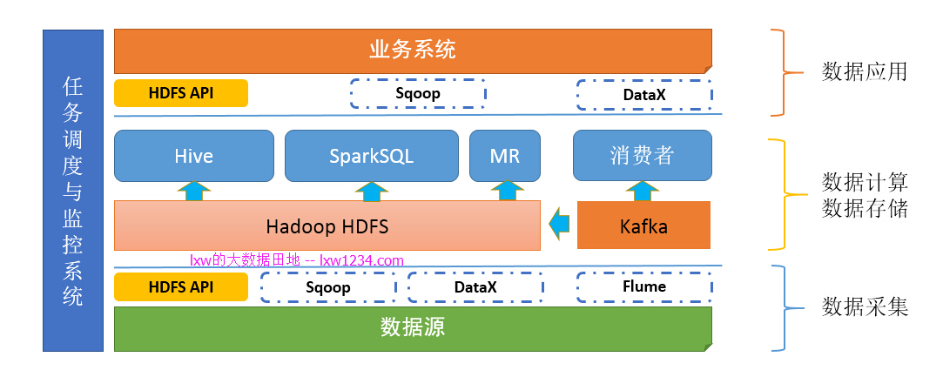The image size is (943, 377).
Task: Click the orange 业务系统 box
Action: [x=413, y=50]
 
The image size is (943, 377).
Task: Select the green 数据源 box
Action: [x=413, y=327]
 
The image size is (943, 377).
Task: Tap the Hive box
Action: [x=193, y=156]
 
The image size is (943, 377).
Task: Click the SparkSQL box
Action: [x=371, y=156]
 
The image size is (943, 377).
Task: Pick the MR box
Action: [x=505, y=156]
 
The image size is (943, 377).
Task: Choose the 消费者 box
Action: [x=642, y=156]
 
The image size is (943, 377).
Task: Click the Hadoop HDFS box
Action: [x=327, y=226]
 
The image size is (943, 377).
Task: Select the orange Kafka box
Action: [x=643, y=226]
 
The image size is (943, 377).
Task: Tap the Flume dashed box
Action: [x=643, y=286]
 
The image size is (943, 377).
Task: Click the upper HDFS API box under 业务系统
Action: [x=181, y=93]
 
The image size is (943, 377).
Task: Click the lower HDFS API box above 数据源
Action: [x=181, y=286]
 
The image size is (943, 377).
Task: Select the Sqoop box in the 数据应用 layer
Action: [x=417, y=93]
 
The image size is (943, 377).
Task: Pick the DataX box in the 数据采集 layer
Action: [x=475, y=286]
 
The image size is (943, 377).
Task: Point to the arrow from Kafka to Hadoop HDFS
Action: [x=559, y=226]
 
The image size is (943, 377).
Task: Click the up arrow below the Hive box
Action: [x=193, y=191]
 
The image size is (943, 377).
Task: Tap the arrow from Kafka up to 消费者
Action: [x=642, y=191]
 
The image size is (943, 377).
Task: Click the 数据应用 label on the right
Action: [x=865, y=71]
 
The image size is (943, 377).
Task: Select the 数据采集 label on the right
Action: [x=865, y=307]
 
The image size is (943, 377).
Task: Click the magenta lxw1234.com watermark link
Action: [x=361, y=259]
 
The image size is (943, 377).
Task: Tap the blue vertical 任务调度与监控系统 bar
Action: [x=73, y=191]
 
